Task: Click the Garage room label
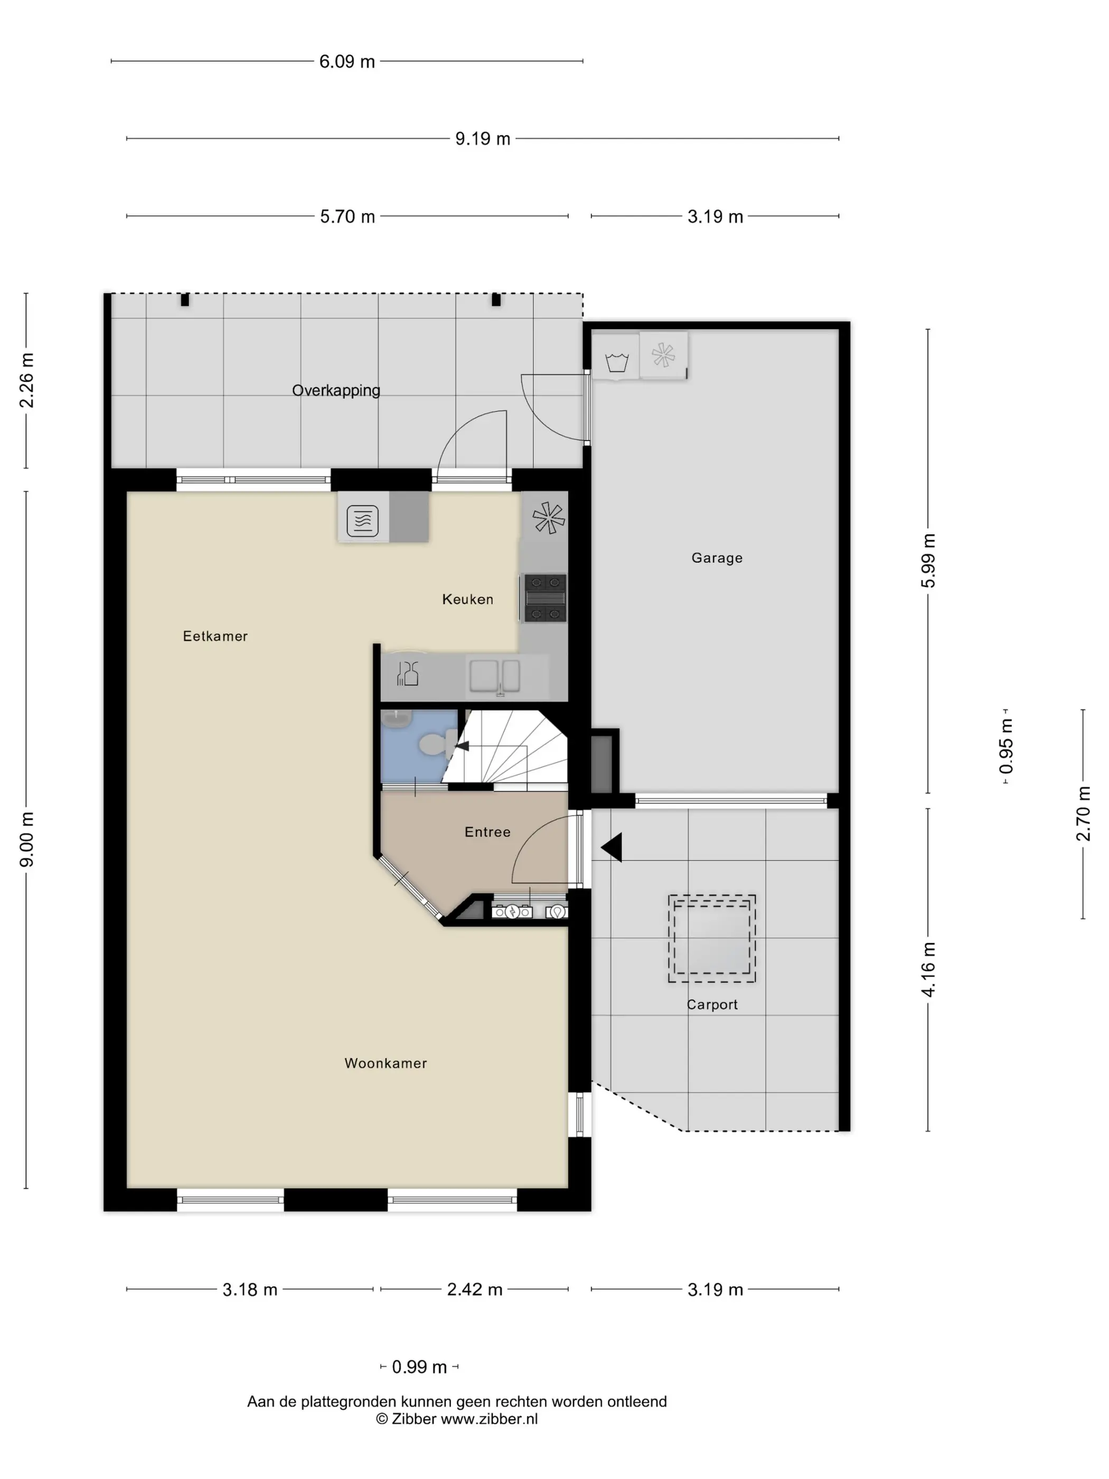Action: click(x=717, y=558)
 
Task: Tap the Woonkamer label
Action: click(x=386, y=1063)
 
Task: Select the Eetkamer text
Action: click(x=215, y=636)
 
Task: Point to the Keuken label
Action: click(x=468, y=599)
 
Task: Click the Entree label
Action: click(x=487, y=832)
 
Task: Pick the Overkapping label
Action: click(x=336, y=390)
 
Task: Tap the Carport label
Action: click(x=712, y=1004)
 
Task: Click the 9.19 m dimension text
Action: click(x=483, y=138)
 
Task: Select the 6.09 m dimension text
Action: click(x=347, y=61)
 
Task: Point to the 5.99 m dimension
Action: click(x=928, y=561)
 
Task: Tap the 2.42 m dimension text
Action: click(x=475, y=1289)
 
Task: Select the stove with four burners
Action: click(x=545, y=598)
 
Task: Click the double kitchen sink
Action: click(x=494, y=676)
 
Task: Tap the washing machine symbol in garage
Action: click(x=616, y=362)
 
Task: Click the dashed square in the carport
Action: click(x=712, y=938)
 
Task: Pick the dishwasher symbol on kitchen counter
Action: click(x=407, y=673)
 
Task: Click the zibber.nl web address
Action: click(x=488, y=1419)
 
